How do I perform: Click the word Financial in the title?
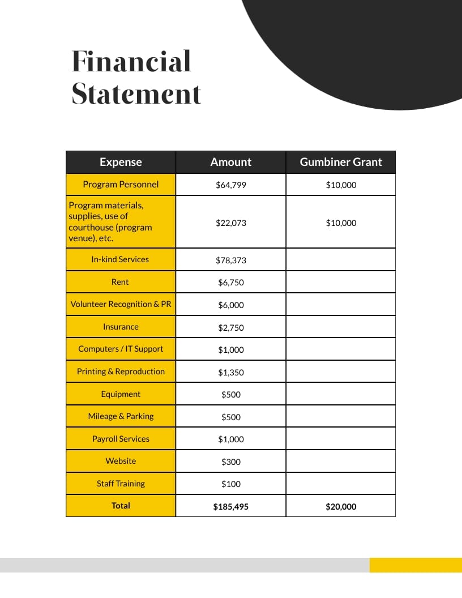click(x=131, y=62)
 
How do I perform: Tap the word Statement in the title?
click(x=136, y=94)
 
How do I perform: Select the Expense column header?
click(x=121, y=162)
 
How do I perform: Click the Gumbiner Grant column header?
click(x=341, y=162)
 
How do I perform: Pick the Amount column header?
click(x=231, y=162)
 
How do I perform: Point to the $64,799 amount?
click(x=231, y=185)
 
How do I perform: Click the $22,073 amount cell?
click(x=231, y=223)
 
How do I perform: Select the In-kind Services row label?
click(x=120, y=259)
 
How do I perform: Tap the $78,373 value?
click(x=231, y=260)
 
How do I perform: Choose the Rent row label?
click(x=120, y=282)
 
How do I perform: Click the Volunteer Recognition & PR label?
click(x=121, y=304)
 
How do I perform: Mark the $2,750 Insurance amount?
click(x=231, y=328)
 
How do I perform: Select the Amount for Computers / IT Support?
click(x=231, y=350)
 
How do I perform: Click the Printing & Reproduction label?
click(x=121, y=371)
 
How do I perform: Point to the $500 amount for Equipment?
click(x=231, y=395)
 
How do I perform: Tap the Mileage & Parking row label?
click(x=121, y=416)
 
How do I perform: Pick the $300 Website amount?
click(x=231, y=462)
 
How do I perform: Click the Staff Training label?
click(x=121, y=484)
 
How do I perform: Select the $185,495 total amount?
click(x=231, y=507)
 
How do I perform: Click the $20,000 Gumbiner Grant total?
click(x=341, y=507)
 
